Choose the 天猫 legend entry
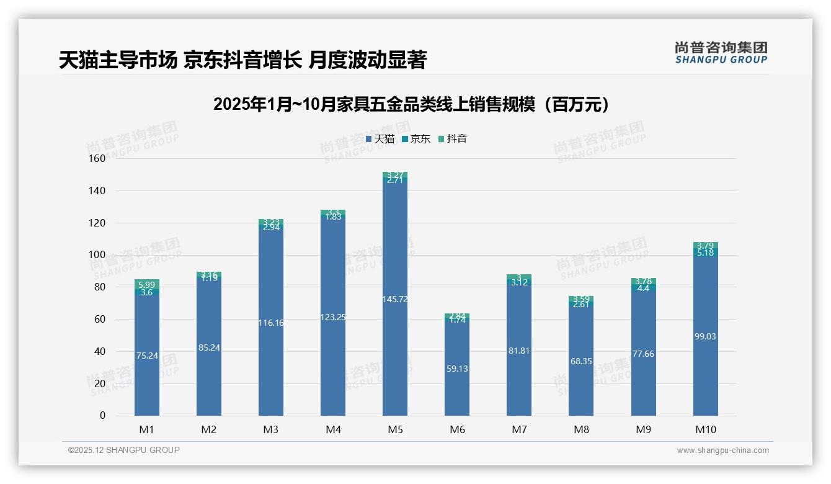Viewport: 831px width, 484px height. pos(380,139)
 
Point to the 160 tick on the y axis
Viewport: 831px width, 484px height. pos(97,158)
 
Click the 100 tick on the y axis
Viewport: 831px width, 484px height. pos(97,255)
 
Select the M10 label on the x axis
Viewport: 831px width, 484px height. pos(705,429)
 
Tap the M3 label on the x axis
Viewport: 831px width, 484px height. pos(271,429)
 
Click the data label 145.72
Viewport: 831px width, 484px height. pos(395,299)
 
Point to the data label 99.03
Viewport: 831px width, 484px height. pos(705,336)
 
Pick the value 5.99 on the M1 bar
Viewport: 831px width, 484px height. pos(146,284)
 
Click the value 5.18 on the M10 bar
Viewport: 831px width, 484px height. pos(705,253)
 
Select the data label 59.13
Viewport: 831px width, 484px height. pos(457,369)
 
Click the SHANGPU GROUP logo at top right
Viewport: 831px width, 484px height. pos(721,53)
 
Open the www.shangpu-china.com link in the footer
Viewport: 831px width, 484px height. pos(722,450)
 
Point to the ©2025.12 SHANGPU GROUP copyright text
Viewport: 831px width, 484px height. pos(123,450)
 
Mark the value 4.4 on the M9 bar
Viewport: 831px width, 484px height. pos(643,288)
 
